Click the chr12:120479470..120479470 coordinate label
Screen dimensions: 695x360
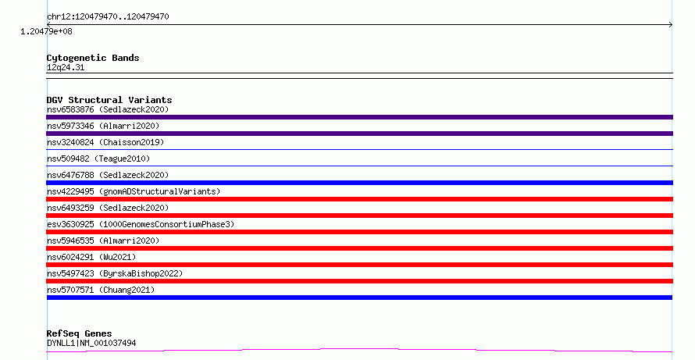click(x=108, y=17)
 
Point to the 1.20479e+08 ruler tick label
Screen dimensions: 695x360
click(x=46, y=31)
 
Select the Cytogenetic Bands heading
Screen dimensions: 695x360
click(x=93, y=58)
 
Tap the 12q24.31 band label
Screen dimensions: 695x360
click(x=66, y=68)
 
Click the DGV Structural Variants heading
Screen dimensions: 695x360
click(x=109, y=100)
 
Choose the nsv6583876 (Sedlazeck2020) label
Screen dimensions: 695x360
click(x=108, y=109)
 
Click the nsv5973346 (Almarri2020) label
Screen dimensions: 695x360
click(x=103, y=126)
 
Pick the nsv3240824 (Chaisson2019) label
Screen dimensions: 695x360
click(x=105, y=142)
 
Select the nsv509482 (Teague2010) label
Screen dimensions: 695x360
click(x=98, y=159)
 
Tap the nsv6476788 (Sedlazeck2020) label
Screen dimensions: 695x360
click(x=108, y=175)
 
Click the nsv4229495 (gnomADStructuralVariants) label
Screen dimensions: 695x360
click(x=134, y=191)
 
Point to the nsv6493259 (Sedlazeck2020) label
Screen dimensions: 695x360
click(x=108, y=208)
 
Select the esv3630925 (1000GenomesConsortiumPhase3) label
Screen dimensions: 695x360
click(x=141, y=224)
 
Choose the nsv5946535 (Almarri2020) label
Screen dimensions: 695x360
click(x=103, y=241)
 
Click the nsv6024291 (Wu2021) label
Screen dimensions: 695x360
click(x=91, y=257)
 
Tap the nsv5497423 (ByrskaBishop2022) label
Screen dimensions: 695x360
click(x=115, y=273)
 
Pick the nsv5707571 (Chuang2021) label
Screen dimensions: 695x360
click(x=101, y=290)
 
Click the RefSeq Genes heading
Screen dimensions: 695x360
click(x=79, y=334)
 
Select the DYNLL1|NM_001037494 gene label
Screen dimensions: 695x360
click(x=91, y=343)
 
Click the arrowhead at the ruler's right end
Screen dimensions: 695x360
click(x=672, y=25)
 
